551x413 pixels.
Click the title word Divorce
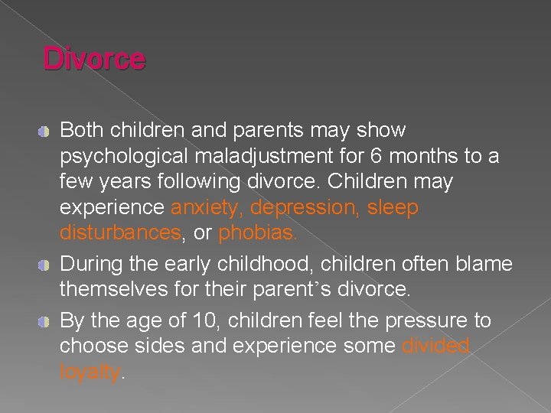point(93,60)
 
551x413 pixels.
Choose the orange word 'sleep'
point(393,208)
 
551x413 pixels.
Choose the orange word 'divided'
point(436,346)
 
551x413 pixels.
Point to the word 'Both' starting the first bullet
point(80,131)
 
